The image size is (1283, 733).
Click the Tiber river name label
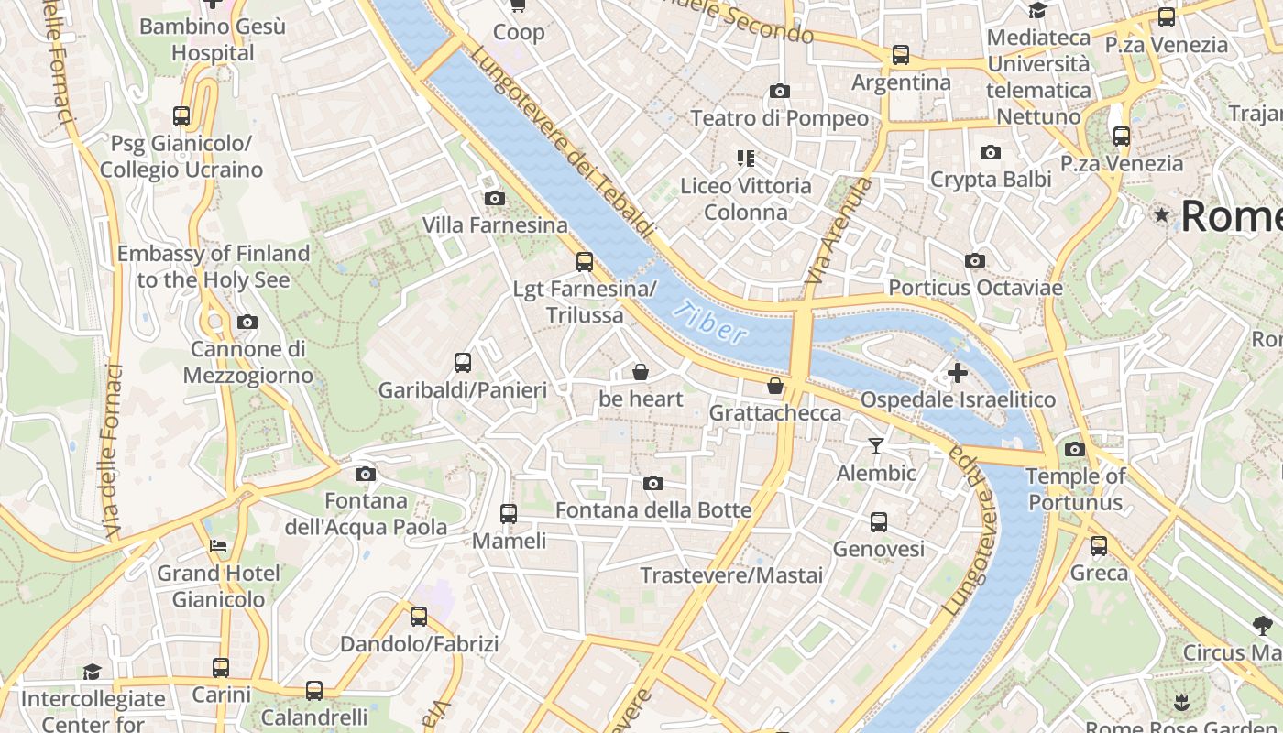click(x=709, y=322)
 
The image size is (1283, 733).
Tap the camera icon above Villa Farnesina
click(x=494, y=198)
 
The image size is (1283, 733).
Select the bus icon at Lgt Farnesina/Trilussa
click(x=585, y=262)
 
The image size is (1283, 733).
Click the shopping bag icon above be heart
click(x=641, y=372)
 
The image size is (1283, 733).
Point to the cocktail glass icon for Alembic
click(x=876, y=446)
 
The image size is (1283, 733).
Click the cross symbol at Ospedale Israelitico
click(x=958, y=373)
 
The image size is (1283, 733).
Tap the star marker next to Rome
click(x=1162, y=215)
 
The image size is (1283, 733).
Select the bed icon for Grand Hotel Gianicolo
click(x=218, y=546)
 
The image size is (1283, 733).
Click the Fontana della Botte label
click(x=653, y=510)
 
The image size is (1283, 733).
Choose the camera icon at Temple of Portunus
click(x=1075, y=449)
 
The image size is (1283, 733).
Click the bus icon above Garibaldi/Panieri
click(x=463, y=363)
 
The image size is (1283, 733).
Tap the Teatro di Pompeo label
click(x=779, y=118)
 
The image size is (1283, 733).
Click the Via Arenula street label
click(x=838, y=229)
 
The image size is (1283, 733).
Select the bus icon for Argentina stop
click(x=901, y=55)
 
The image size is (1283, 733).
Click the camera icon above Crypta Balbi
click(x=991, y=152)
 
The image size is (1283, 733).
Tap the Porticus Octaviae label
click(x=975, y=288)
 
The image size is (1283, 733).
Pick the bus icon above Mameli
click(x=509, y=514)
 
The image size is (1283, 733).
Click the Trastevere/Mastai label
click(x=730, y=575)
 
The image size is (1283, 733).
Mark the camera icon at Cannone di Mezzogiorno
click(x=247, y=322)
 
